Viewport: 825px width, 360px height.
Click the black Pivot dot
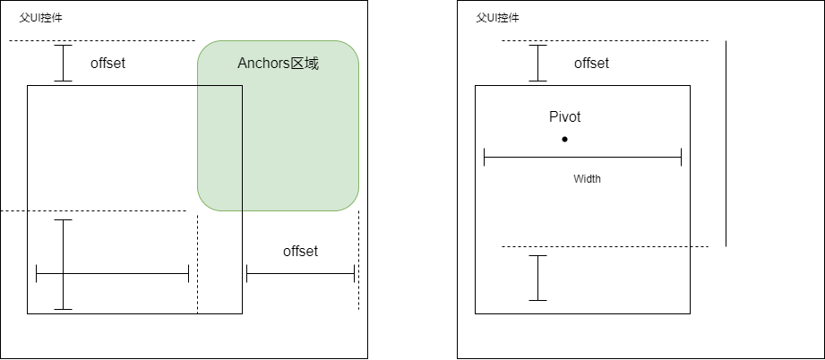(564, 139)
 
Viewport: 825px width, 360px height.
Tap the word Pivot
(564, 116)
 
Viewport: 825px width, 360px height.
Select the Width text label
(587, 179)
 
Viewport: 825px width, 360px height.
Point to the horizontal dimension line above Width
(582, 158)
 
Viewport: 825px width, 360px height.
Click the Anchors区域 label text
(278, 64)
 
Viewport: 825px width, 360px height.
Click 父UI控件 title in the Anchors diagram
(41, 18)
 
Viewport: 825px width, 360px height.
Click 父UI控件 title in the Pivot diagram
(497, 18)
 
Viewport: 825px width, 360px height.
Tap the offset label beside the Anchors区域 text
(107, 64)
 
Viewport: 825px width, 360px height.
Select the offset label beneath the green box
(300, 252)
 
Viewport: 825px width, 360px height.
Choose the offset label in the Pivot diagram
(591, 64)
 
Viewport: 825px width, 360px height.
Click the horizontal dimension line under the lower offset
(300, 274)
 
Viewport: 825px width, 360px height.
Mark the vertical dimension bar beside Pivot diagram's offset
(537, 64)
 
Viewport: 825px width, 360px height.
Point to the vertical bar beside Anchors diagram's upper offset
(64, 64)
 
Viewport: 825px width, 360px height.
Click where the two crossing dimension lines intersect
(64, 273)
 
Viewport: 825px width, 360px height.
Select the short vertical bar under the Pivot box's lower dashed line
(537, 278)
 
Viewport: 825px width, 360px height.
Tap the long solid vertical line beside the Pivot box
(726, 143)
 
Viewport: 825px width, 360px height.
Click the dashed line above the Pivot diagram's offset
(605, 40)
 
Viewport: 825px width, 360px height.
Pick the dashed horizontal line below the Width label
(605, 246)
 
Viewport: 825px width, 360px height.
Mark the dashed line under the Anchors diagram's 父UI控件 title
(101, 40)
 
